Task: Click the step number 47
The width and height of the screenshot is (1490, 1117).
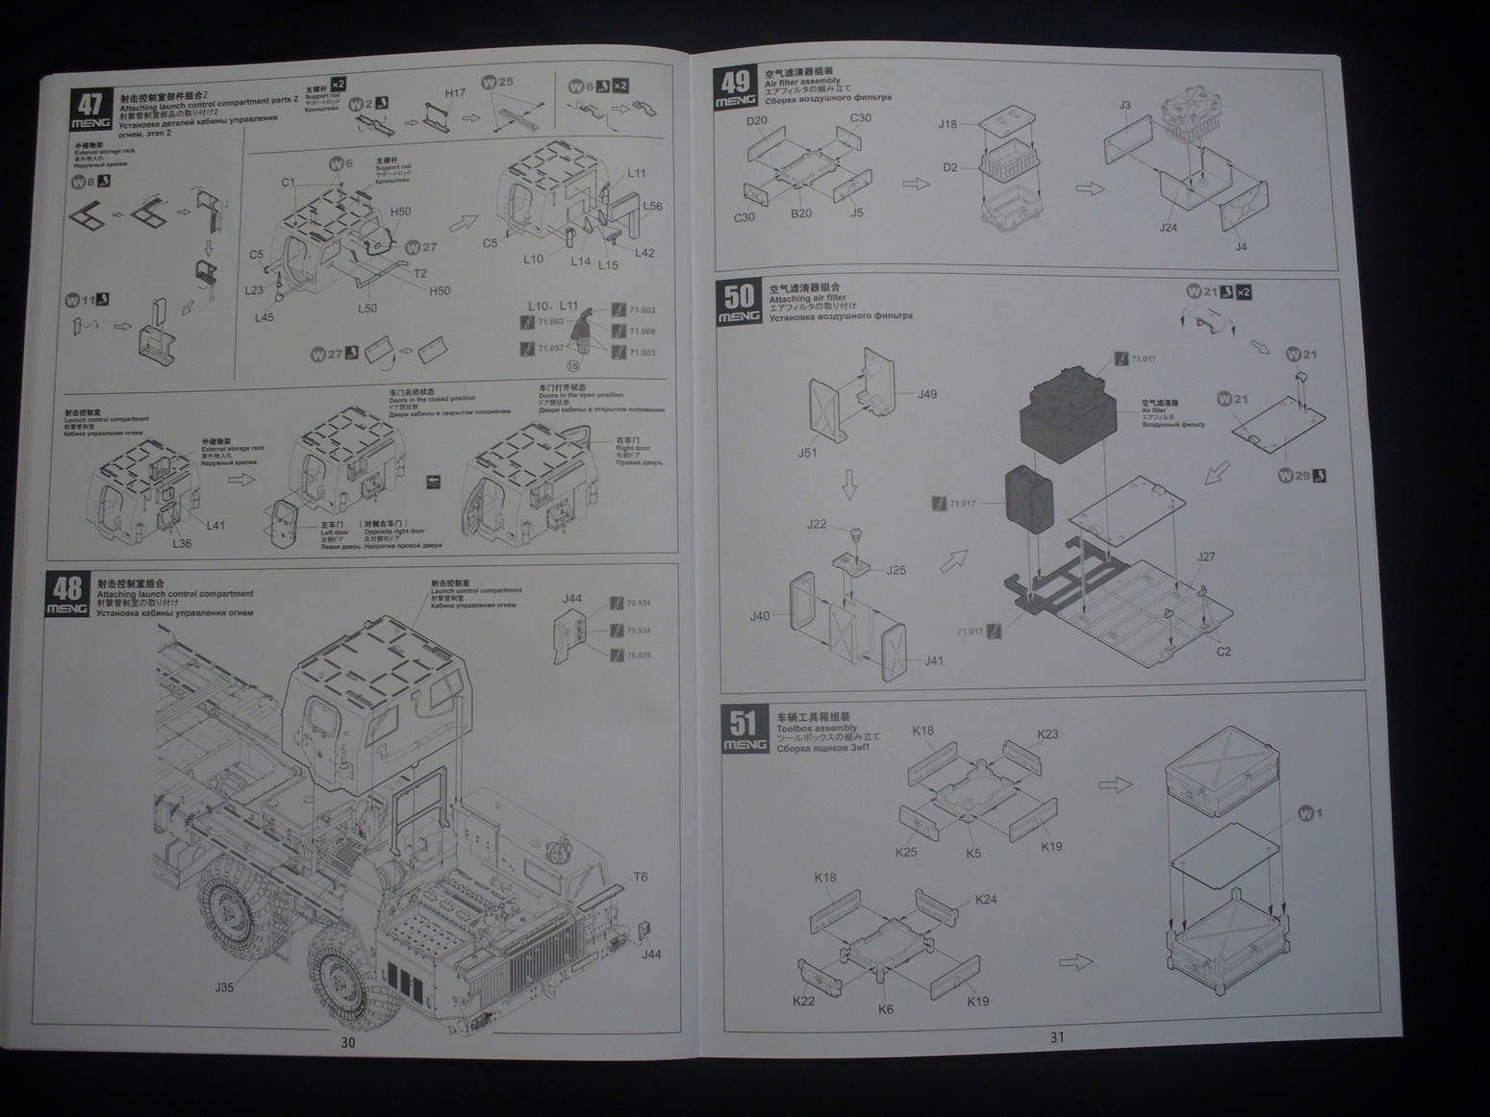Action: (x=90, y=104)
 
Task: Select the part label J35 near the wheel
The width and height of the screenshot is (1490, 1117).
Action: (x=224, y=987)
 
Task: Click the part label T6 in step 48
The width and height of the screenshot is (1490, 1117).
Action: (x=641, y=878)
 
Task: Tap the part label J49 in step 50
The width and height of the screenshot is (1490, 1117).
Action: (x=926, y=394)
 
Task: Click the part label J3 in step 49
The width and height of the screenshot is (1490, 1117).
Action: (x=1124, y=106)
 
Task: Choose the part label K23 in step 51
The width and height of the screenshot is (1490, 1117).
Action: (x=1048, y=734)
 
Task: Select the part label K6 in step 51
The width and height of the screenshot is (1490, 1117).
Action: (x=886, y=1009)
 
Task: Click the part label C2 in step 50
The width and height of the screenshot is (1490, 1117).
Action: (x=1224, y=652)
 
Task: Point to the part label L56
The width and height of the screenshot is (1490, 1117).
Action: (x=653, y=207)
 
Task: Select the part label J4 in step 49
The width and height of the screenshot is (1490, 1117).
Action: (x=1241, y=247)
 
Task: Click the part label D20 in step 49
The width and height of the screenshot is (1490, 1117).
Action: (x=757, y=121)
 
